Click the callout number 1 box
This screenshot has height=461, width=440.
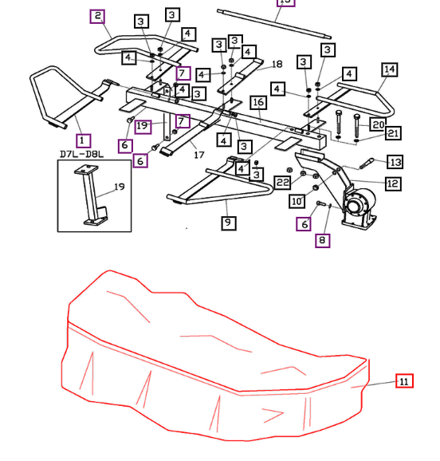[84, 141]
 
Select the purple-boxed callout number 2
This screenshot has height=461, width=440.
[97, 16]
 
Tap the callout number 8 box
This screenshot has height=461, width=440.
[322, 240]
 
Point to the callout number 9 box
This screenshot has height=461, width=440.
[229, 223]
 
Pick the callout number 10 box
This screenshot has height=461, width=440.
[297, 201]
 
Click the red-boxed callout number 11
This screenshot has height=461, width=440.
[404, 381]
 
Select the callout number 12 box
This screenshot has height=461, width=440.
[392, 183]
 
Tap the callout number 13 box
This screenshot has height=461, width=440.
[395, 162]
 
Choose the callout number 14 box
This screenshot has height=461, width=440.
[389, 70]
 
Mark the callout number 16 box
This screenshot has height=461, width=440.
[257, 103]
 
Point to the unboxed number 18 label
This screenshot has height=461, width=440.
[277, 64]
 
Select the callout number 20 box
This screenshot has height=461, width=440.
[378, 124]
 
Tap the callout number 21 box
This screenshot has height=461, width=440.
[394, 133]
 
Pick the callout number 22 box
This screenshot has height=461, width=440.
[282, 183]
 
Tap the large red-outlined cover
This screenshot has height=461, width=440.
[215, 359]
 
